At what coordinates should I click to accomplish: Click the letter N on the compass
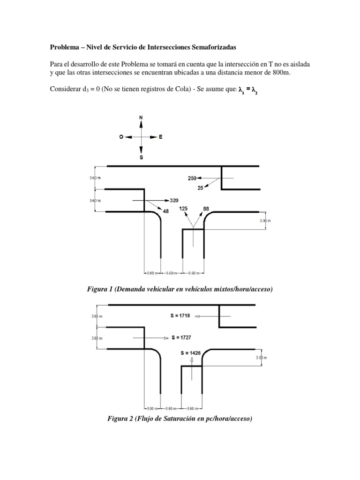click(141, 117)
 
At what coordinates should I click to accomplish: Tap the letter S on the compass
click(141, 158)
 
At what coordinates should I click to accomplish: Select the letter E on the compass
click(161, 137)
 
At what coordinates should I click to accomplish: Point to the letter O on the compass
click(121, 137)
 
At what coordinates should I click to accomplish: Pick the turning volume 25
click(201, 188)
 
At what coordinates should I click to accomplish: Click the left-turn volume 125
click(184, 208)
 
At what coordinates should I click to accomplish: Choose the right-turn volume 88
click(206, 208)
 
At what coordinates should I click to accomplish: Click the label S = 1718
click(180, 316)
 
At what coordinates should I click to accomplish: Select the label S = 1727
click(181, 337)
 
